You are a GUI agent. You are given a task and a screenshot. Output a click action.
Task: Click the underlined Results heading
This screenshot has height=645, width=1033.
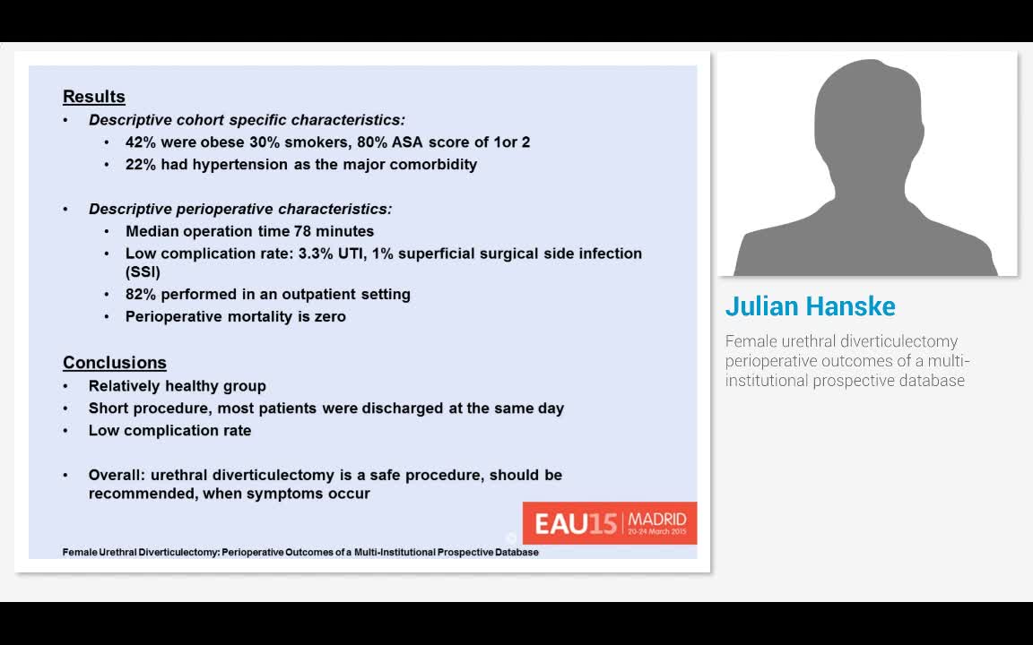[x=93, y=97]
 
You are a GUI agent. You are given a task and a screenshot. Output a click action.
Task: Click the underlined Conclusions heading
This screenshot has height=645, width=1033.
[x=114, y=363]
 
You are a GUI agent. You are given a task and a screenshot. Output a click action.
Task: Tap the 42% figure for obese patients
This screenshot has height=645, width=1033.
[x=142, y=142]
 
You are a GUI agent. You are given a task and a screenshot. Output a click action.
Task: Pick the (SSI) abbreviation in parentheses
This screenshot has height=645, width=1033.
[x=143, y=271]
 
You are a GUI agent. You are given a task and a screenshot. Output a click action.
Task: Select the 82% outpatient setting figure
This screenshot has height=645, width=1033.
[x=142, y=294]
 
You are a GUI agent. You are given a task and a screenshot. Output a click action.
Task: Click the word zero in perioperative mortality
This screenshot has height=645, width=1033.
[x=329, y=316]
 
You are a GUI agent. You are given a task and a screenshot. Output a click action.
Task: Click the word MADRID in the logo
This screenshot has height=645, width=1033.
[x=657, y=519]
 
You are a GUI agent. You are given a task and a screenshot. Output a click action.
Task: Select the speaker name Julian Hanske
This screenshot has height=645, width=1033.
[x=810, y=306]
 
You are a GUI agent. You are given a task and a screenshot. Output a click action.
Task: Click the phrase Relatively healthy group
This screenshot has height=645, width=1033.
[x=177, y=386]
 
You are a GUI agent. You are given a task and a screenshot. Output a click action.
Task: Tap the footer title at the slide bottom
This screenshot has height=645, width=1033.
[x=300, y=552]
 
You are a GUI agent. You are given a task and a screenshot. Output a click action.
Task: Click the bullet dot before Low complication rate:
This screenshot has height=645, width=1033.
[x=107, y=254]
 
